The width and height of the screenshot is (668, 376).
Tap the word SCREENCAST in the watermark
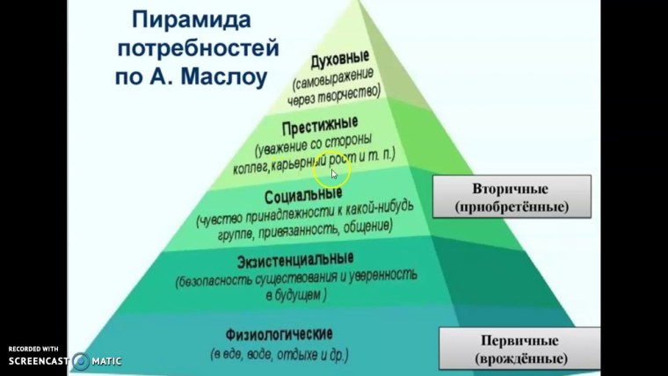coord(40,361)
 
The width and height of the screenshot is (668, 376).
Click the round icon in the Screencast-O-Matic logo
coord(82,361)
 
